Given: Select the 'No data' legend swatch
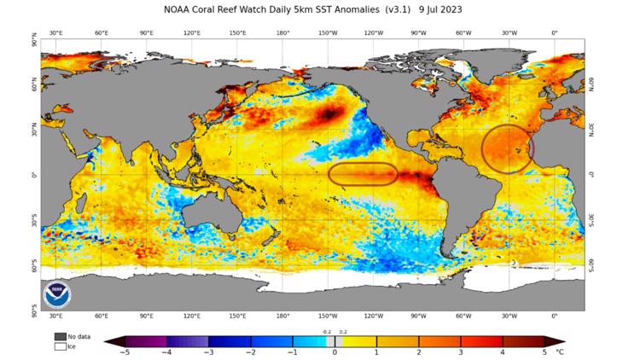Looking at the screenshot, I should (60, 336).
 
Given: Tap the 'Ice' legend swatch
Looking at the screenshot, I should (60, 345).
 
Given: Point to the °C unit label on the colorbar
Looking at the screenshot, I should (560, 351).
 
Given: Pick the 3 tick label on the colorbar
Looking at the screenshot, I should (460, 351).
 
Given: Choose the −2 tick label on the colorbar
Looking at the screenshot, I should (250, 351).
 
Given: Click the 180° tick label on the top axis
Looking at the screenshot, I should (282, 32).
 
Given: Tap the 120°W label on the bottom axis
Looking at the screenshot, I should (373, 316).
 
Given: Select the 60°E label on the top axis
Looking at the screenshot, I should (101, 32).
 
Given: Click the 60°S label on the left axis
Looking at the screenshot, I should (35, 264).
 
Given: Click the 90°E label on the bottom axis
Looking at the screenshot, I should (146, 316).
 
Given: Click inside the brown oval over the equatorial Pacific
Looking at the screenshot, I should (363, 174).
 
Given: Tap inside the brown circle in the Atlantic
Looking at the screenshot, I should (507, 148).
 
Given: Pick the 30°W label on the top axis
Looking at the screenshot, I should (509, 32).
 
